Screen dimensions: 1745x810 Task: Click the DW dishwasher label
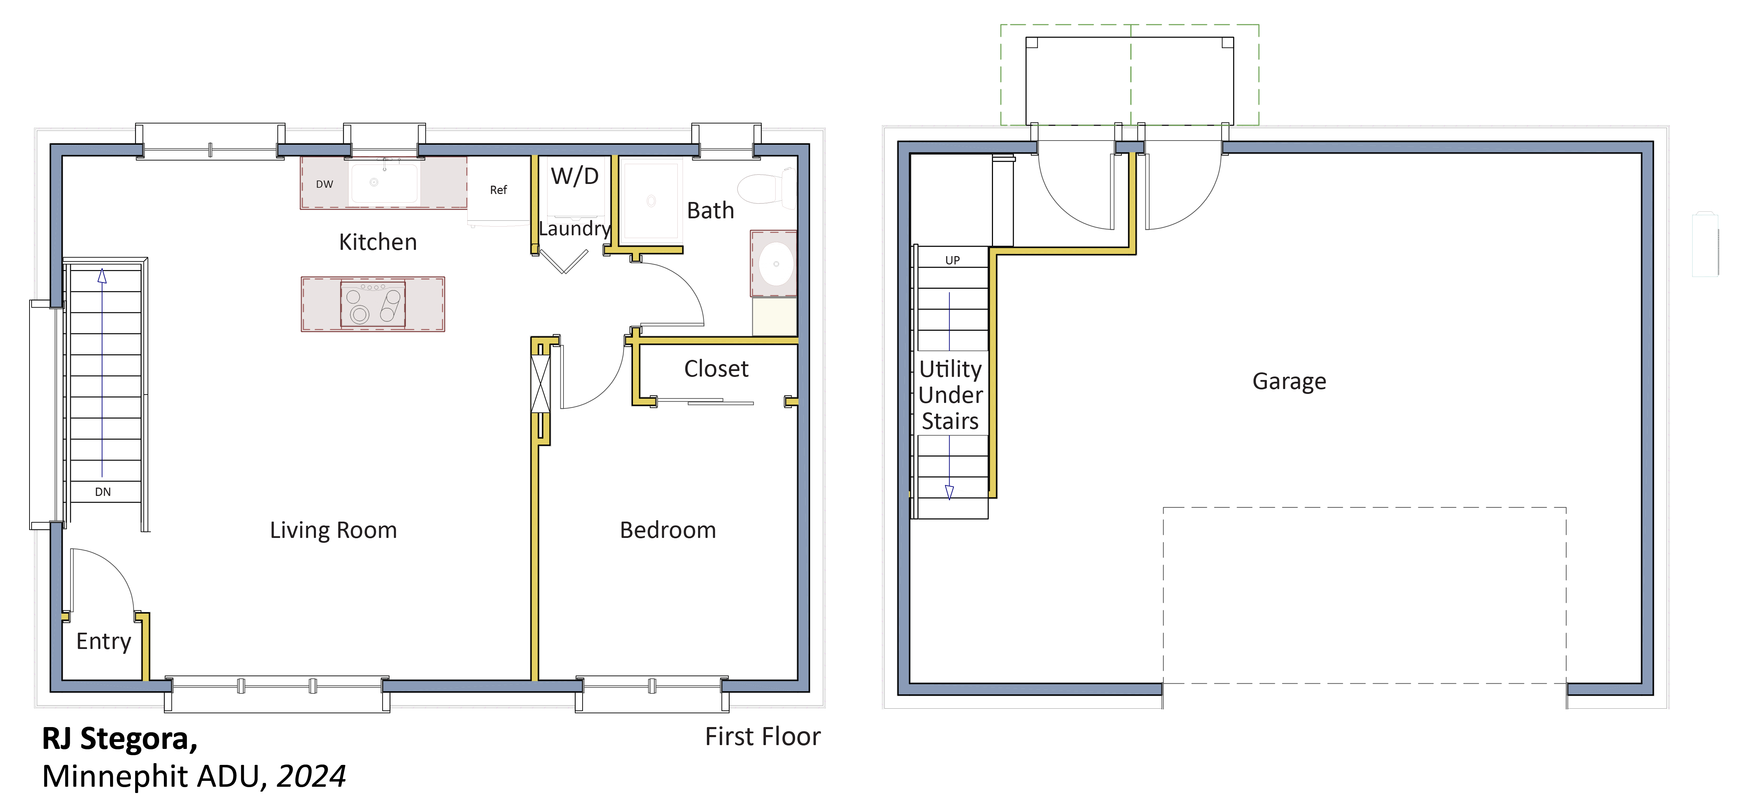point(325,184)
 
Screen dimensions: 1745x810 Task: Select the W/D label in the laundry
point(575,176)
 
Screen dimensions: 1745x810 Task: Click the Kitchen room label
point(378,242)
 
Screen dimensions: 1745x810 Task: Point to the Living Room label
point(333,530)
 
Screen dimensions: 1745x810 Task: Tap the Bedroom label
point(668,530)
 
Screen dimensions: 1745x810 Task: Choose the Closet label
point(716,369)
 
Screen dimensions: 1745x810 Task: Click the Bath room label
point(711,211)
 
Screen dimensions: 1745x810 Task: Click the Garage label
point(1289,381)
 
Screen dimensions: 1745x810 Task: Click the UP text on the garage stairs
point(952,260)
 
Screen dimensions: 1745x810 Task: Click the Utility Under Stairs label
point(950,395)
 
